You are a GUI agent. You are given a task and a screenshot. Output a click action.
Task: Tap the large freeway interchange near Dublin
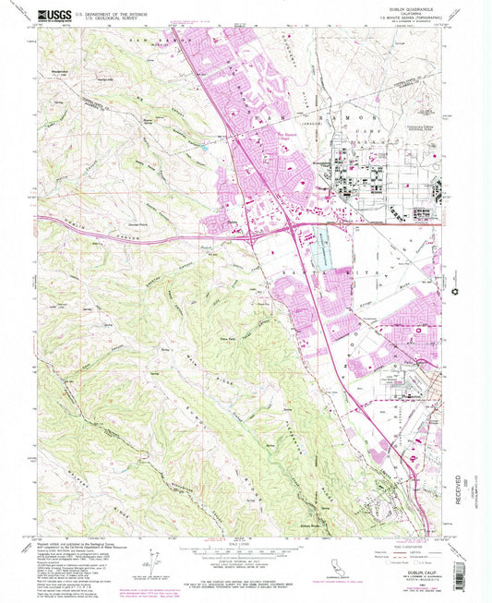click(294, 223)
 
